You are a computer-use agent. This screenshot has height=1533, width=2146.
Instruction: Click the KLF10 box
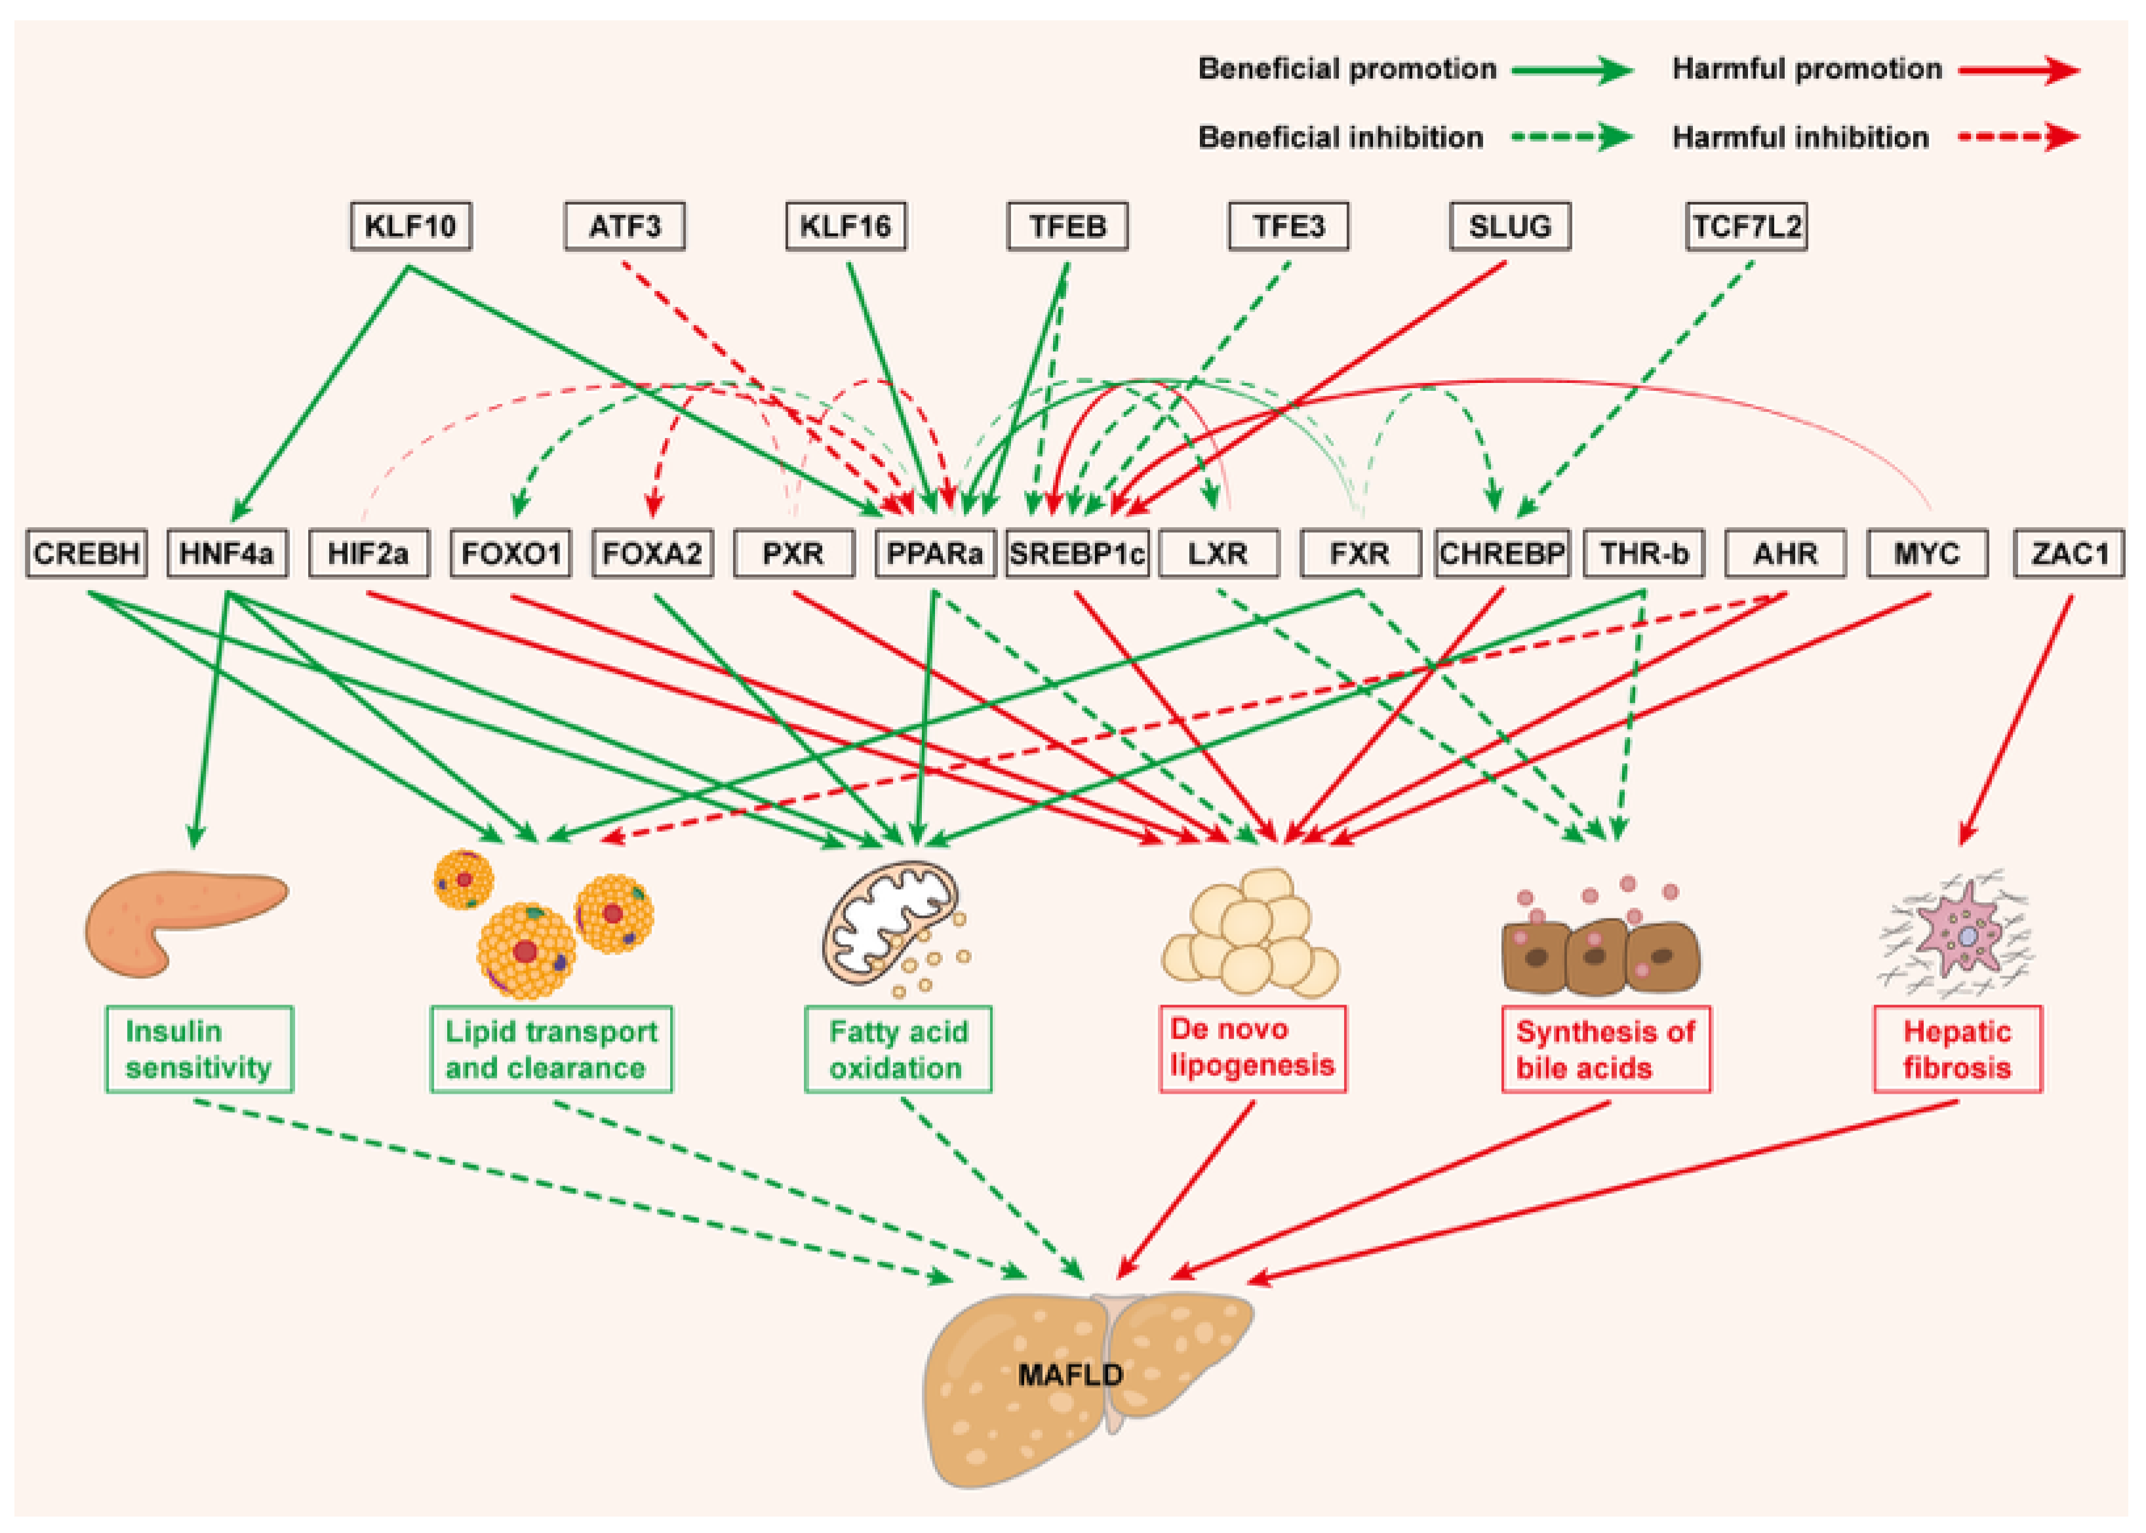(x=410, y=227)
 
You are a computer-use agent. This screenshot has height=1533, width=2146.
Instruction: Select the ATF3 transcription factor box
(x=625, y=227)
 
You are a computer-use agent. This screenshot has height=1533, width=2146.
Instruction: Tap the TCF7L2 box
(x=1746, y=227)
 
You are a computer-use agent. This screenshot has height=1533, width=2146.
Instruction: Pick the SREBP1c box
(x=1076, y=553)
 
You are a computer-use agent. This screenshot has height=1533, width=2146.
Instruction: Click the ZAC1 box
(x=2069, y=553)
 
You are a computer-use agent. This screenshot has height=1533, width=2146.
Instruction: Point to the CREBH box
(x=86, y=553)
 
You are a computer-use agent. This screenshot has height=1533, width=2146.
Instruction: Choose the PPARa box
(x=934, y=553)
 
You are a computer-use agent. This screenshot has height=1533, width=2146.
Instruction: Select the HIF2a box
(x=368, y=553)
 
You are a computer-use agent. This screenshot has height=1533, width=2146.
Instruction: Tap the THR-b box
(x=1643, y=553)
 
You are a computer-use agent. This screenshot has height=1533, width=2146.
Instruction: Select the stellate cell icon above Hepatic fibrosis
(x=1958, y=934)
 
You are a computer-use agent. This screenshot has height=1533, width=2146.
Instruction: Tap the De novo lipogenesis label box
(x=1252, y=1048)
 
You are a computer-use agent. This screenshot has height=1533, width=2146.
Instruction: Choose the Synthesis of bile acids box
(x=1605, y=1048)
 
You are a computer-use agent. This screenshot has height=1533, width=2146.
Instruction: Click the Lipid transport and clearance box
(x=551, y=1048)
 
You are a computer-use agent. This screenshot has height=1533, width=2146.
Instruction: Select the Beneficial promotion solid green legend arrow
(x=1570, y=70)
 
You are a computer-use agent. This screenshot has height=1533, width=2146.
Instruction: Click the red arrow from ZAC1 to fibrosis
(x=2017, y=717)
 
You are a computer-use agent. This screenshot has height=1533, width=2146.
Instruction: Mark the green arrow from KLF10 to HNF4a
(x=321, y=391)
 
